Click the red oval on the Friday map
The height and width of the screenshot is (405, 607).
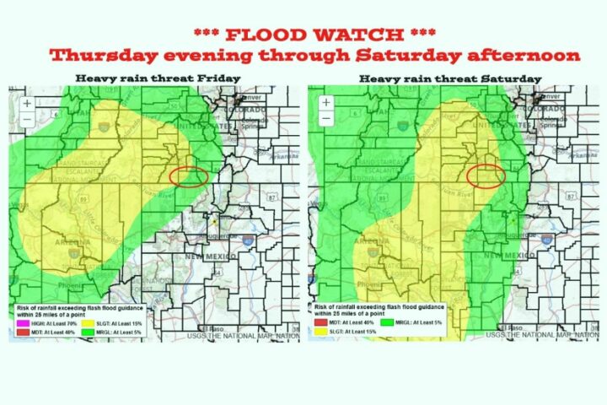[x=189, y=175]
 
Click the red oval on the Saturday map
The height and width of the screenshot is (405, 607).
[x=486, y=175]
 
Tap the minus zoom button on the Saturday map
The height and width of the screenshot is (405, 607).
[x=324, y=119]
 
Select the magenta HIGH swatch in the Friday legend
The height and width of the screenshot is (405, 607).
[x=23, y=321]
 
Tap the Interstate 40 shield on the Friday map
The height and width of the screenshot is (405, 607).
[x=248, y=240]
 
